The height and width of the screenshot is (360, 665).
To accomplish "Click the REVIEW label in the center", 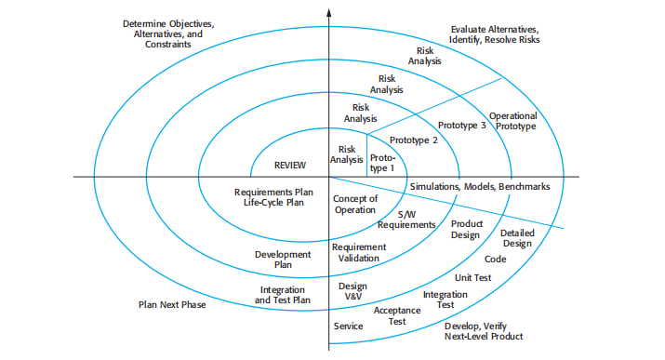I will (x=290, y=165).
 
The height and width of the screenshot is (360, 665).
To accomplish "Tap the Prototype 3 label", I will (x=461, y=125).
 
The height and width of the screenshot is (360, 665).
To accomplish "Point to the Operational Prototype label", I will (x=512, y=121).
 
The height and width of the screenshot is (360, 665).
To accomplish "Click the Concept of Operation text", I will (x=354, y=205).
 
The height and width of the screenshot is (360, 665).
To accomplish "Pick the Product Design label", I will (x=465, y=229).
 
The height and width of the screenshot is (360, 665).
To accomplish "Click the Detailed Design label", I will (x=516, y=238).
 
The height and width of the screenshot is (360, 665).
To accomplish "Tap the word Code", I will (x=495, y=260).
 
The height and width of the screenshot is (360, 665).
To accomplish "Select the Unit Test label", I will (x=472, y=278).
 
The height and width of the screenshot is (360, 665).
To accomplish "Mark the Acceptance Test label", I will (x=396, y=315).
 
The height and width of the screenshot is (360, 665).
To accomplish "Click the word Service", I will (x=348, y=327).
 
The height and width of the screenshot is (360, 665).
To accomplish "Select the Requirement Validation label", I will (x=358, y=253).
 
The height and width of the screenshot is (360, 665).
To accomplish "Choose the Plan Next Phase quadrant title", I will (x=172, y=304).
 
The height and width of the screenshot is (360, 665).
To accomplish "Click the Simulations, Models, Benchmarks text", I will (x=480, y=187).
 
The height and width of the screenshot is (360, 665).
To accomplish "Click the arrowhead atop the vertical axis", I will (x=329, y=11).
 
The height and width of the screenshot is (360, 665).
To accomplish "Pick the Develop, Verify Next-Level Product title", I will (x=484, y=331).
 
